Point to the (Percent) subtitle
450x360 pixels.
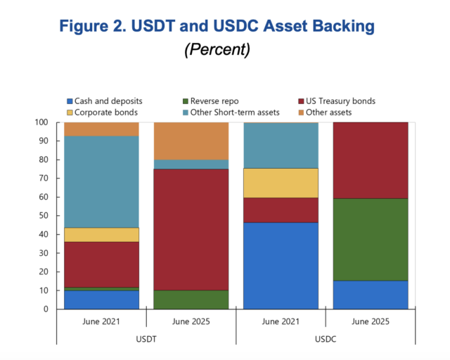tap(217, 51)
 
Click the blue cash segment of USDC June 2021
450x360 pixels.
tap(281, 266)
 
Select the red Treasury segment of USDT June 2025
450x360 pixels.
tap(191, 229)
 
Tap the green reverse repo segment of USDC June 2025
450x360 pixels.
tap(370, 239)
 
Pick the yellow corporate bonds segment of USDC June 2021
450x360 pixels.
tap(281, 183)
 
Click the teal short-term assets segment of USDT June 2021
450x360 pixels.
tap(102, 181)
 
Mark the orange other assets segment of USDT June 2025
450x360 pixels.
tap(191, 141)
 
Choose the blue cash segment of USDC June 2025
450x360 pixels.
tap(370, 295)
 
